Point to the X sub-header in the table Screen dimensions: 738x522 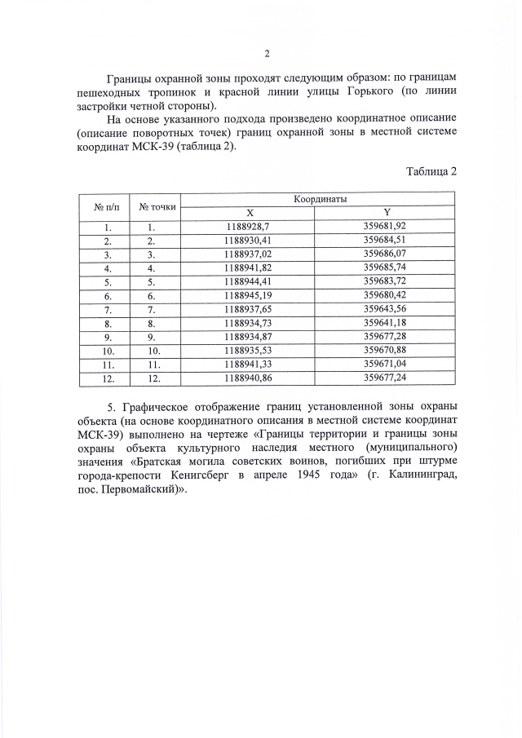[250, 212]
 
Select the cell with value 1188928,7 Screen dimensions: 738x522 [250, 226]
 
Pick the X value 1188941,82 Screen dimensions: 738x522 [250, 267]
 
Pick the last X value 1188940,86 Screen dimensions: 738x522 [250, 378]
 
